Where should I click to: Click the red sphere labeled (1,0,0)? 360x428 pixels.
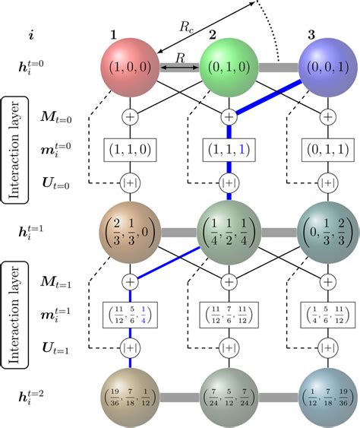pyautogui.click(x=130, y=67)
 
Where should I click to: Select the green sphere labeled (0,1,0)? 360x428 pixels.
pyautogui.click(x=228, y=67)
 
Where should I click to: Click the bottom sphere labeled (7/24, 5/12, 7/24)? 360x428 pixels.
pyautogui.click(x=228, y=396)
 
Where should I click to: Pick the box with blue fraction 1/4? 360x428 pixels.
pyautogui.click(x=130, y=312)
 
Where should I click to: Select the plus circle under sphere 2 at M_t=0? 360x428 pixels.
pyautogui.click(x=228, y=117)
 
